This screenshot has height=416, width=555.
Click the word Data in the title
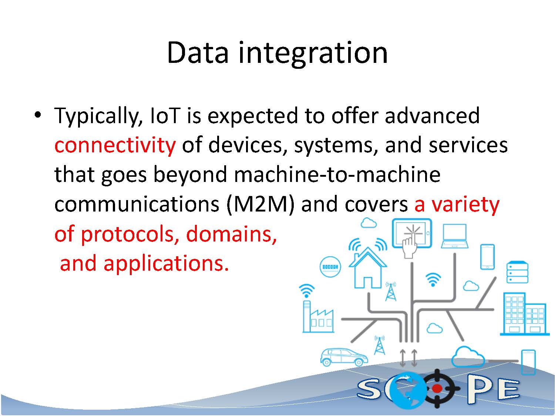point(198,53)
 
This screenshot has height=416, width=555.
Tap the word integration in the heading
point(313,54)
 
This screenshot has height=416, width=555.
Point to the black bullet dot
point(38,115)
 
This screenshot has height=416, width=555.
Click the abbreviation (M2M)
point(261,204)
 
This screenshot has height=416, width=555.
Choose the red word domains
point(231,233)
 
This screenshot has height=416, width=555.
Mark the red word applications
point(166,264)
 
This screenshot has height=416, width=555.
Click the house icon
point(368,268)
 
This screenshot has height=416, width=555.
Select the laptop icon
point(455,236)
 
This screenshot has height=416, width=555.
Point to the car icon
point(344,357)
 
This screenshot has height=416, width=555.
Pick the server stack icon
point(517,272)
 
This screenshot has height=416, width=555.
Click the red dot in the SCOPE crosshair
point(437,388)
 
